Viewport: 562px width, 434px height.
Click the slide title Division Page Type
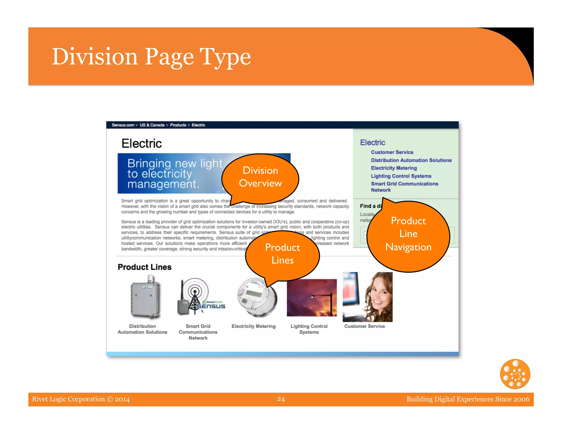151,57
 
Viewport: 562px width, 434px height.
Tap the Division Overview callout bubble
260,177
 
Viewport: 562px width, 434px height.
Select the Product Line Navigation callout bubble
408,234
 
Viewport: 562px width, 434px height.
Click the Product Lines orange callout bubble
282,254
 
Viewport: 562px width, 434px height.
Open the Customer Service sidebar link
392,152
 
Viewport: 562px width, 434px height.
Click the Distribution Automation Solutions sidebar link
411,160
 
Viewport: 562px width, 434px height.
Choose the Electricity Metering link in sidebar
394,168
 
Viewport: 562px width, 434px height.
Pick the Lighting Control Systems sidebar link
401,176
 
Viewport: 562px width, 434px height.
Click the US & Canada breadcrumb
152,125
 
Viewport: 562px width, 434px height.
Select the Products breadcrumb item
178,125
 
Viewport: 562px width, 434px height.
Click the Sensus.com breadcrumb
123,125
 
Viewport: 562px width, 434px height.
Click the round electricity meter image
257,298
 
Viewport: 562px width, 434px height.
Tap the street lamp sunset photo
311,298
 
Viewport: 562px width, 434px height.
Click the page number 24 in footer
281,399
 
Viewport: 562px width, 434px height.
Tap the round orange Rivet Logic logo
515,374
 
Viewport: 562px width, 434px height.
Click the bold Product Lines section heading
144,267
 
